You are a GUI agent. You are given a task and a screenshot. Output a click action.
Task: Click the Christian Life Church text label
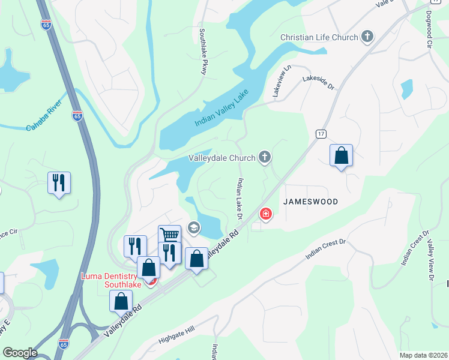[319, 37]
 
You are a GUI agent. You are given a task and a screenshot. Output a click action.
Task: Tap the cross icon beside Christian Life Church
[367, 37]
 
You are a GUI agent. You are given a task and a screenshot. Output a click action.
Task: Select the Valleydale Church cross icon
[264, 158]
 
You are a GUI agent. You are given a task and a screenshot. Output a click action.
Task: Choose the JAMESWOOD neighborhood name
[324, 202]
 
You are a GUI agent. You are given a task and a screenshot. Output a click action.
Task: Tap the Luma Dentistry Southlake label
[111, 280]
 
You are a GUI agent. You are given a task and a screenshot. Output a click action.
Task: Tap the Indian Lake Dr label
[240, 198]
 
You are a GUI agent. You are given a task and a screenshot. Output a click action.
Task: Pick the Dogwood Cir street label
[430, 28]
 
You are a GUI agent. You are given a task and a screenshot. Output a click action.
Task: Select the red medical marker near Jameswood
[265, 214]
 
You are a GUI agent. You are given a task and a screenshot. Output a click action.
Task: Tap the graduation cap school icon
[193, 227]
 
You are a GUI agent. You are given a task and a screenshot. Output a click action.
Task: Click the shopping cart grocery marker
[169, 235]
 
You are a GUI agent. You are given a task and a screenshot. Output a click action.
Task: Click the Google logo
[20, 353]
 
